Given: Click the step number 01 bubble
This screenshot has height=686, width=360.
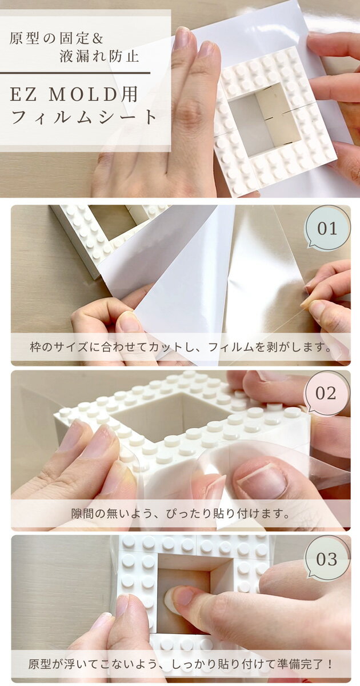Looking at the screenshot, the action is [327, 228].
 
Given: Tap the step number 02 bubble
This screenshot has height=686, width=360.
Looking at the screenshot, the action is [327, 393].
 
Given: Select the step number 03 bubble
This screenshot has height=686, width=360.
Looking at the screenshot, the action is [327, 559].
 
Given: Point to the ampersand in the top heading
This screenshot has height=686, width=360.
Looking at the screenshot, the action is [98, 39].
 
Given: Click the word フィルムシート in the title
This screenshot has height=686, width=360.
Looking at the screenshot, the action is [83, 117].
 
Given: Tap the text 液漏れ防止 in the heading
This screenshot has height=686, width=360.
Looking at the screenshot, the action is [99, 57].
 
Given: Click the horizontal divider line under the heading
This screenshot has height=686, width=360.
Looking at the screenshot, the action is [75, 73].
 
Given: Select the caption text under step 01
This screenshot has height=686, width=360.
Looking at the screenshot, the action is [181, 348].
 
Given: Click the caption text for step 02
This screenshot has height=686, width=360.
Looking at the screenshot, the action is [181, 513].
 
